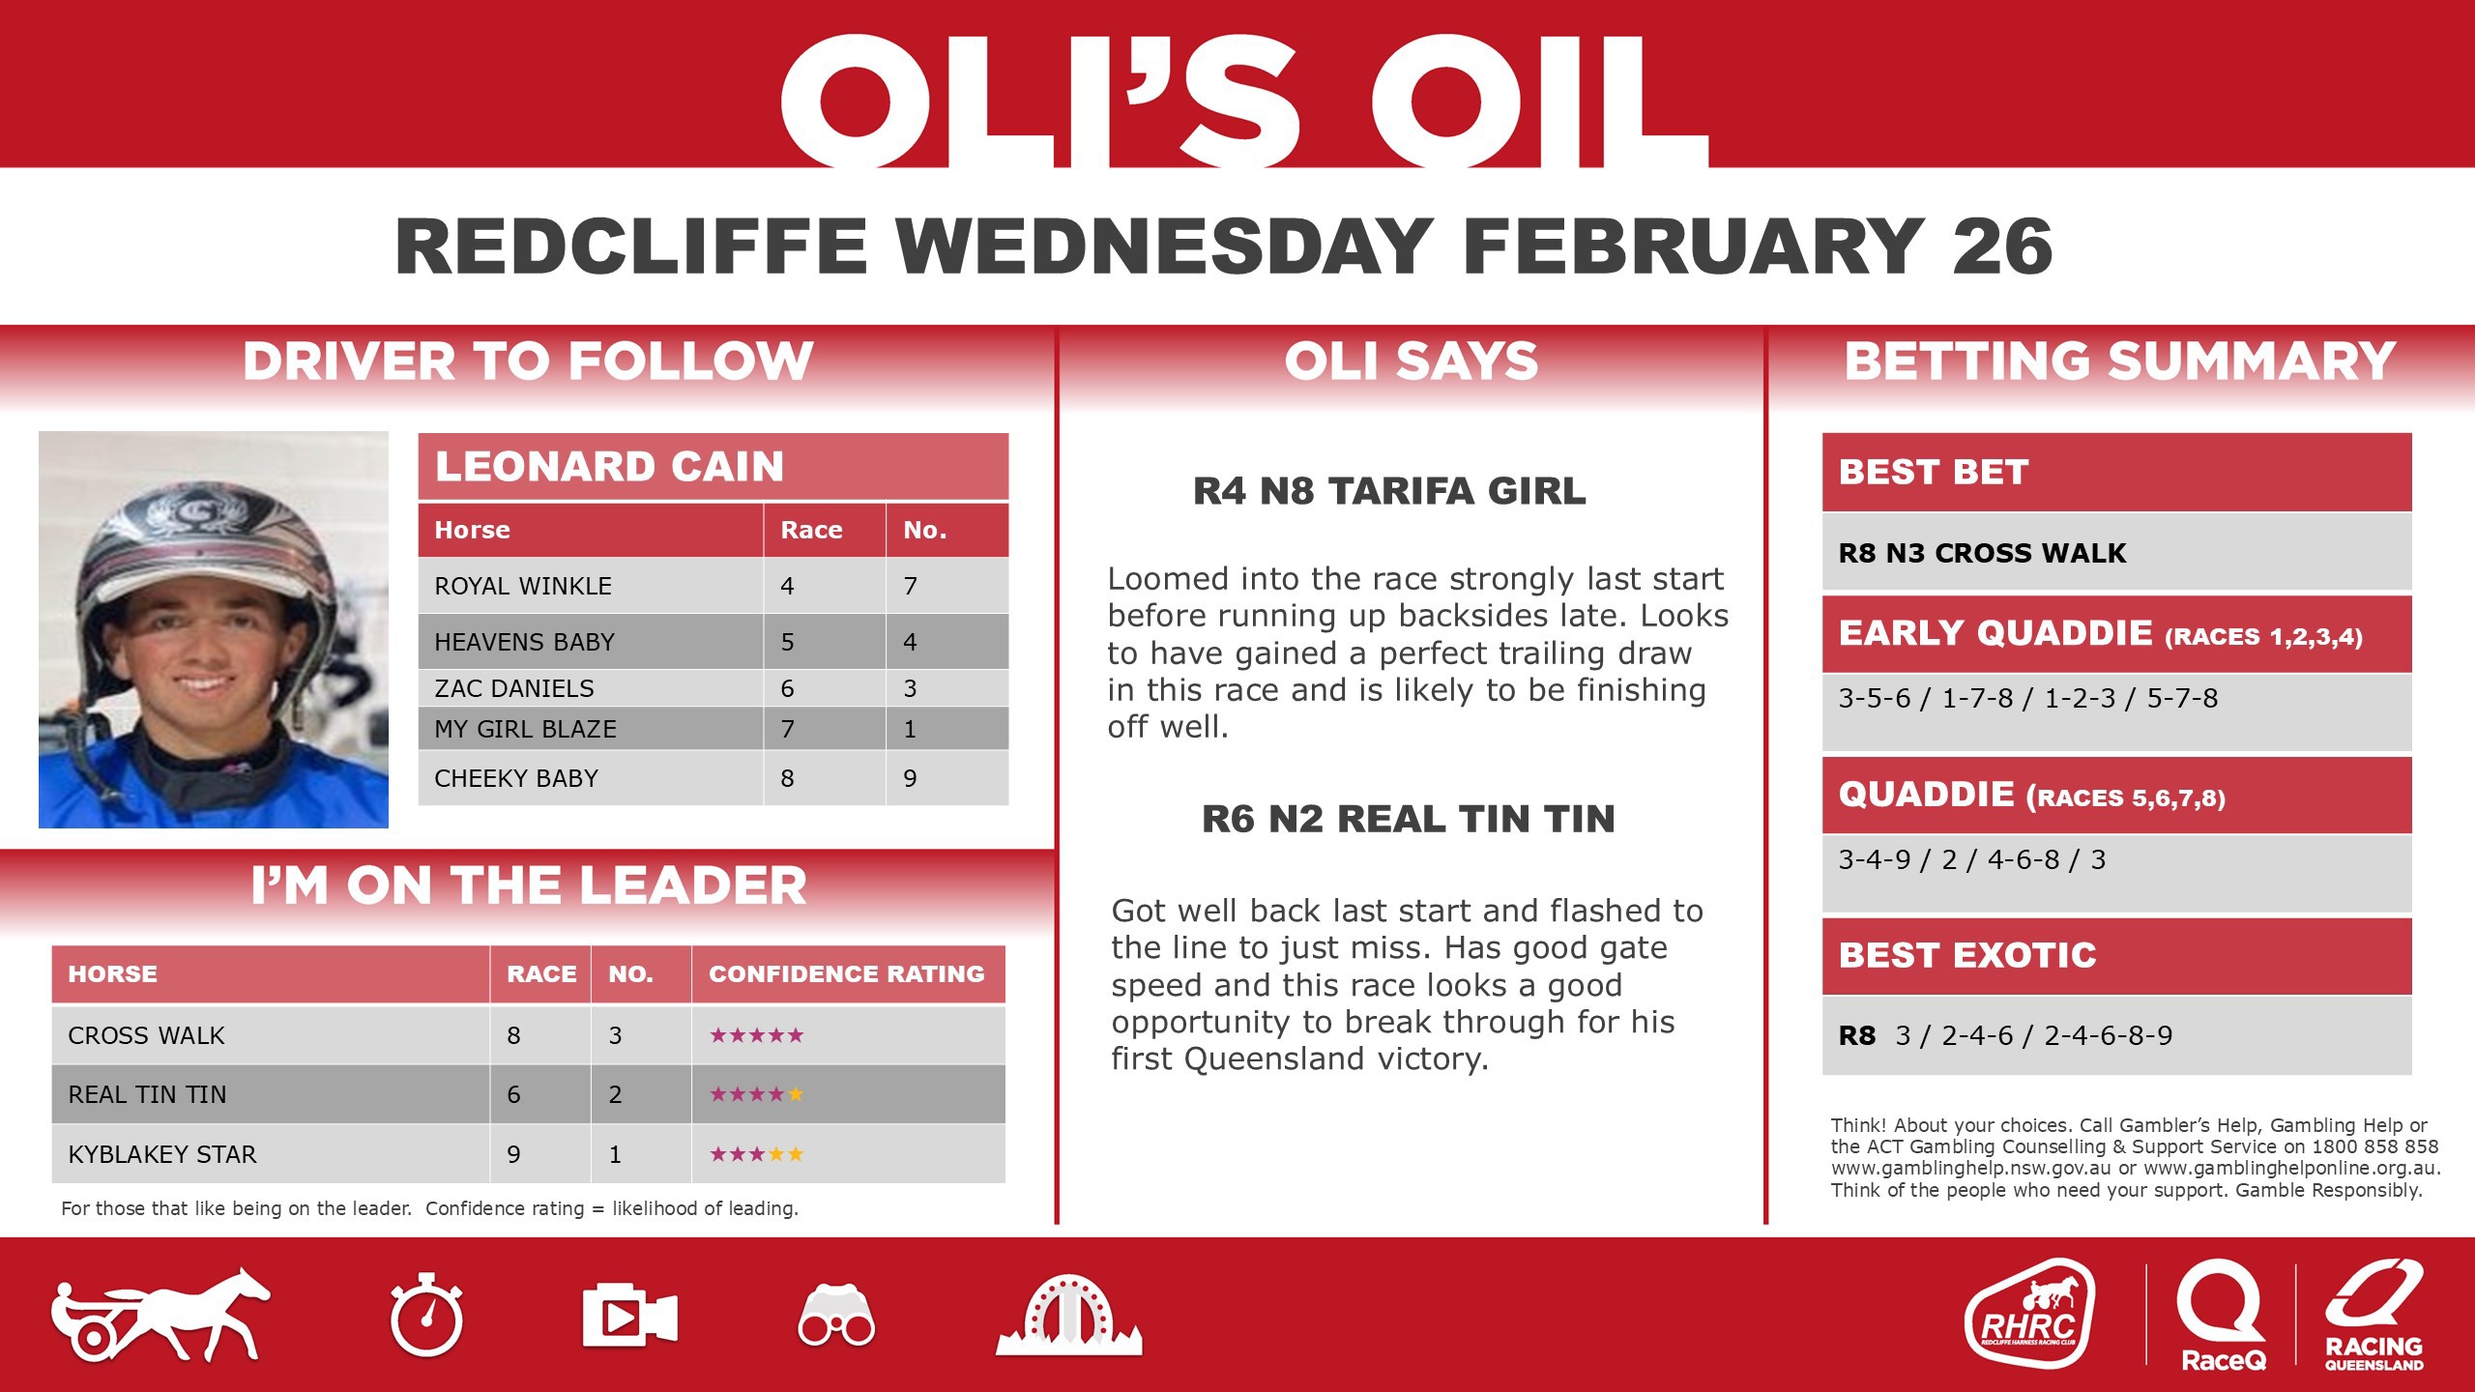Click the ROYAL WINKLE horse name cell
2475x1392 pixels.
tap(523, 586)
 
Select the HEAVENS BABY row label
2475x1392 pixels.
tap(524, 642)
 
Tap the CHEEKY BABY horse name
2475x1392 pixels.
tap(516, 778)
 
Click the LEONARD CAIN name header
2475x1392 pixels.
tap(610, 467)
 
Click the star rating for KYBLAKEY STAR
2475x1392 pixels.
tap(756, 1154)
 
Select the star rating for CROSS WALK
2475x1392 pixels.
tap(756, 1035)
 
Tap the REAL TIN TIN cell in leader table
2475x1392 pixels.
tap(147, 1094)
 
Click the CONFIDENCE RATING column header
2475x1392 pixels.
tap(847, 973)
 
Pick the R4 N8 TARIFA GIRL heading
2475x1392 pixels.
tap(1389, 491)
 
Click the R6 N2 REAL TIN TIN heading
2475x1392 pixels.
tap(1408, 819)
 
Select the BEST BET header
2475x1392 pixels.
tap(1934, 472)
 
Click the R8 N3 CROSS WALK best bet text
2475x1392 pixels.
tap(1982, 553)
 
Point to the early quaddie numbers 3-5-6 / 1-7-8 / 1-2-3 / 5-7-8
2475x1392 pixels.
tap(2027, 698)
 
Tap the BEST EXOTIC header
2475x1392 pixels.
tap(1967, 955)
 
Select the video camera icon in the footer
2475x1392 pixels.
tap(629, 1317)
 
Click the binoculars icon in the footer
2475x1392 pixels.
tap(836, 1317)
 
